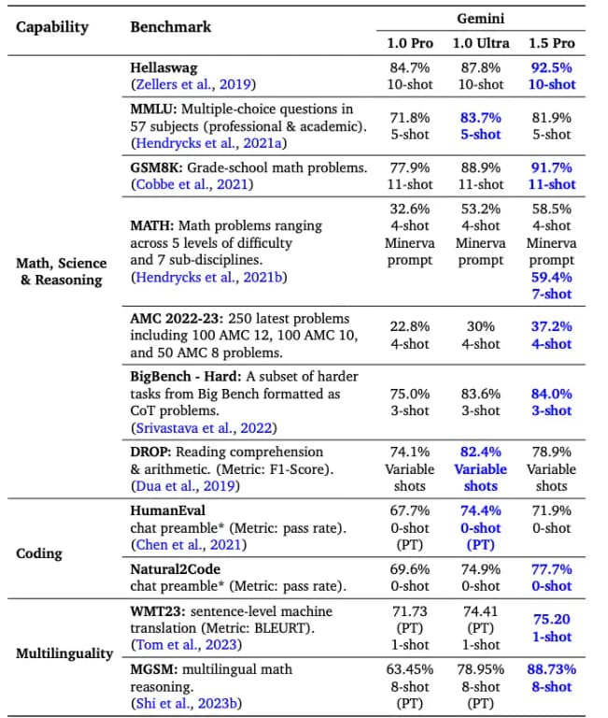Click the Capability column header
(x=52, y=26)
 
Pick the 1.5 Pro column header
(x=551, y=44)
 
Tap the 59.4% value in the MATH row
(x=551, y=277)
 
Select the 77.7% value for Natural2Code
(x=551, y=568)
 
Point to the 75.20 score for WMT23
(x=551, y=619)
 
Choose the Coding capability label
(x=40, y=553)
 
